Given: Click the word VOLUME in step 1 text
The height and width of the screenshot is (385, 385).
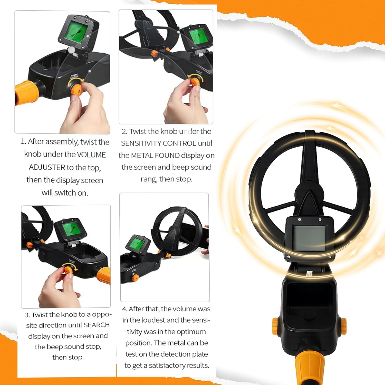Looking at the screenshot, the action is click(91, 155).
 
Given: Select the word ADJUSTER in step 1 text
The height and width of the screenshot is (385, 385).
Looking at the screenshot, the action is click(47, 167).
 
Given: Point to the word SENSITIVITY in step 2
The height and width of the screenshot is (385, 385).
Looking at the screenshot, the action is click(141, 143).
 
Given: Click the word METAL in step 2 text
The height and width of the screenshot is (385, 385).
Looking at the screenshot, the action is click(142, 155).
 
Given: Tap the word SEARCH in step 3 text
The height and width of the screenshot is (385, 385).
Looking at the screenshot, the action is click(97, 325).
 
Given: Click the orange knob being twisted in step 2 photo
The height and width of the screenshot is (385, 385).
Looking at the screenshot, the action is click(195, 82).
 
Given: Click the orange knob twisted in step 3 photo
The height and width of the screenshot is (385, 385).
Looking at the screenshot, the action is click(68, 270).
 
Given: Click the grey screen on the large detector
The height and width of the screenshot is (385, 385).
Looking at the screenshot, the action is click(309, 238).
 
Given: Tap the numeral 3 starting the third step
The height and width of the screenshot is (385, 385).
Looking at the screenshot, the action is click(26, 315).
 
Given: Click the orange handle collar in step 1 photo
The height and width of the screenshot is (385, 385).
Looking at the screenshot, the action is click(26, 92).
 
